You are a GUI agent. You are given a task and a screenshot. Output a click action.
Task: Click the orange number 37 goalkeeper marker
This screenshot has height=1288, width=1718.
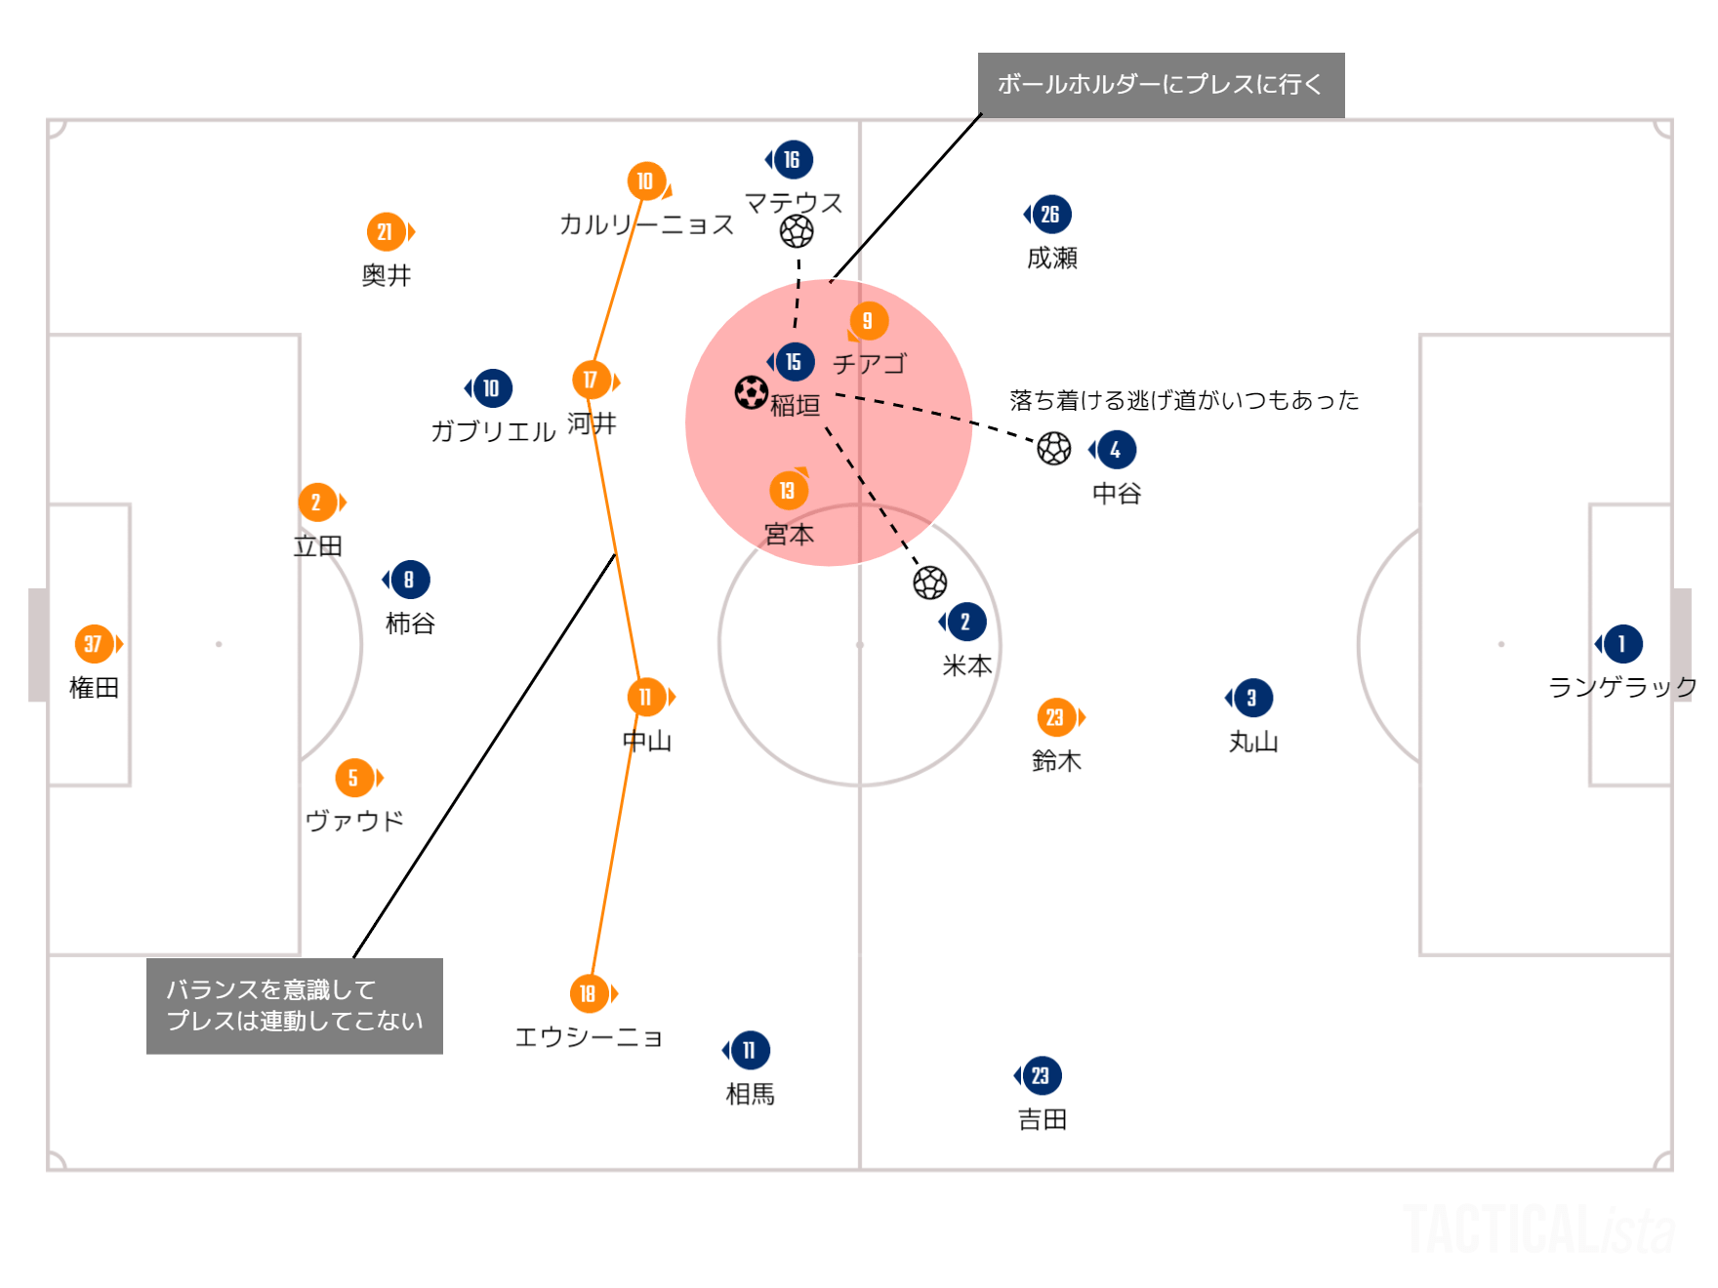pos(94,644)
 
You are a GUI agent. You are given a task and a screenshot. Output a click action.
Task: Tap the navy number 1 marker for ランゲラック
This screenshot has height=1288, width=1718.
pos(1622,644)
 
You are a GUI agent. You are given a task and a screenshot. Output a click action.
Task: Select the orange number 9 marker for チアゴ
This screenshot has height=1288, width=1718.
pos(868,321)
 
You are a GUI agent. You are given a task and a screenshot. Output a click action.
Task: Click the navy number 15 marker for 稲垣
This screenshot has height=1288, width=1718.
pos(794,362)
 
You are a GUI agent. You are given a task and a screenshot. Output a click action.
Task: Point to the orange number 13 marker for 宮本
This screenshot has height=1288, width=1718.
pos(788,491)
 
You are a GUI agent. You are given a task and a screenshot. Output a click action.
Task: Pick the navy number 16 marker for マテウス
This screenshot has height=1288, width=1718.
pos(792,160)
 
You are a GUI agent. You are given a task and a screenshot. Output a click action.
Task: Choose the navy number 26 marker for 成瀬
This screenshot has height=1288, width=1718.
pos(1050,215)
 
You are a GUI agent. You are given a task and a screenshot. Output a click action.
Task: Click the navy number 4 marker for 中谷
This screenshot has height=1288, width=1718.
pos(1116,450)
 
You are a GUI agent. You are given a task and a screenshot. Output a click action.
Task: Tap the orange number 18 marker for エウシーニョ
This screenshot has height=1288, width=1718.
pos(589,993)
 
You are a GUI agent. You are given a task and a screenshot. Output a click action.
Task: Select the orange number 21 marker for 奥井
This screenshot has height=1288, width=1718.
pos(386,232)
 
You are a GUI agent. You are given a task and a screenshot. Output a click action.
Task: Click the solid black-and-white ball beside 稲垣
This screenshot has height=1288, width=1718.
pos(751,393)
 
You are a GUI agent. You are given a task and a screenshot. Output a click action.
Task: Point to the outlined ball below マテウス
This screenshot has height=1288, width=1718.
pos(797,232)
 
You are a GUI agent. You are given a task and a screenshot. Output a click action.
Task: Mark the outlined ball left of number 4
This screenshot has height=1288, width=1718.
pos(1054,449)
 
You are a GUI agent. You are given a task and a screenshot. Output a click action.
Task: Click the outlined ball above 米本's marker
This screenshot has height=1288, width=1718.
pos(930,583)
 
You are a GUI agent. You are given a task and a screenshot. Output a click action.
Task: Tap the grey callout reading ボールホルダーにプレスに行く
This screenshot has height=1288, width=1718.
pos(1161,85)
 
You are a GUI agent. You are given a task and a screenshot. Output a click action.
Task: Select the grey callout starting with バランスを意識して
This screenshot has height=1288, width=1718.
pos(294,1005)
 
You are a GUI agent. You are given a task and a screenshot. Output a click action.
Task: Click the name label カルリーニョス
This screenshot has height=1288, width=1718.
pos(646,224)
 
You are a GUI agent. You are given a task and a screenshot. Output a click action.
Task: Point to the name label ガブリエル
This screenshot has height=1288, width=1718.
pos(493,431)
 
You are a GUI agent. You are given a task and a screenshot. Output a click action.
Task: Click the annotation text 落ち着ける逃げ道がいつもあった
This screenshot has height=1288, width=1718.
pos(1184,400)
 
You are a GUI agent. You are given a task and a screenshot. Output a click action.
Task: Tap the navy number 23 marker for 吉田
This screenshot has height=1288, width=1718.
pos(1041,1076)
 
